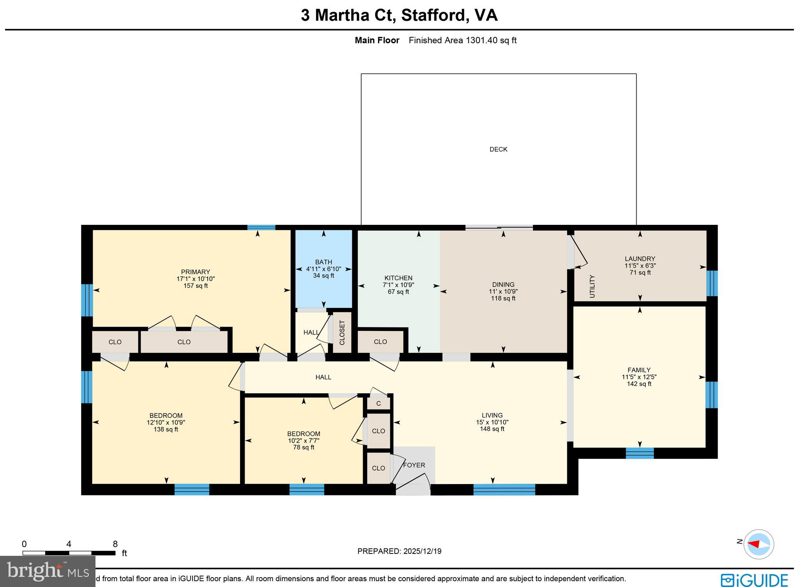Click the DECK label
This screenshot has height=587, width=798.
[498, 149]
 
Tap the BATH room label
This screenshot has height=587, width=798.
[323, 262]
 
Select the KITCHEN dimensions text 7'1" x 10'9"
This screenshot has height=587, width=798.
[398, 285]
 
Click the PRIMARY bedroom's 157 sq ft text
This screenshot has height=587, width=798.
[196, 286]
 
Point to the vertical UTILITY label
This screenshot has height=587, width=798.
[592, 286]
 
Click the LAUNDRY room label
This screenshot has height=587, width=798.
[640, 259]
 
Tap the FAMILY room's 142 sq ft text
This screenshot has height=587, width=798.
[639, 384]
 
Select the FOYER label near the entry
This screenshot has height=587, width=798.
[414, 465]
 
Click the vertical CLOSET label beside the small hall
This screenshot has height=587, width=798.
[342, 332]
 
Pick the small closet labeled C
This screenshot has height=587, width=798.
[378, 404]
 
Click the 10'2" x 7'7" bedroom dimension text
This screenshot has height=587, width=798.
[304, 440]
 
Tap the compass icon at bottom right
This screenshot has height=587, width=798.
[758, 544]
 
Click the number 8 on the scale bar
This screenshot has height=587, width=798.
[115, 544]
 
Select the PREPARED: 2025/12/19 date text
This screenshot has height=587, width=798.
[399, 551]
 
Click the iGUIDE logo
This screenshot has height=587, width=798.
[754, 580]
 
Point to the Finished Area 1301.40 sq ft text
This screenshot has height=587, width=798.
[463, 40]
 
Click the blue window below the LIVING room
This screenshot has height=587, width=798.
[504, 489]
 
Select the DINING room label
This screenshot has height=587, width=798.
[503, 285]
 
